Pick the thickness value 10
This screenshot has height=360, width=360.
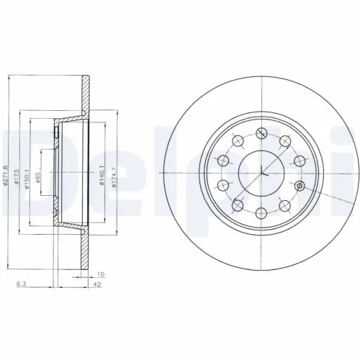pyautogui.click(x=100, y=274)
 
